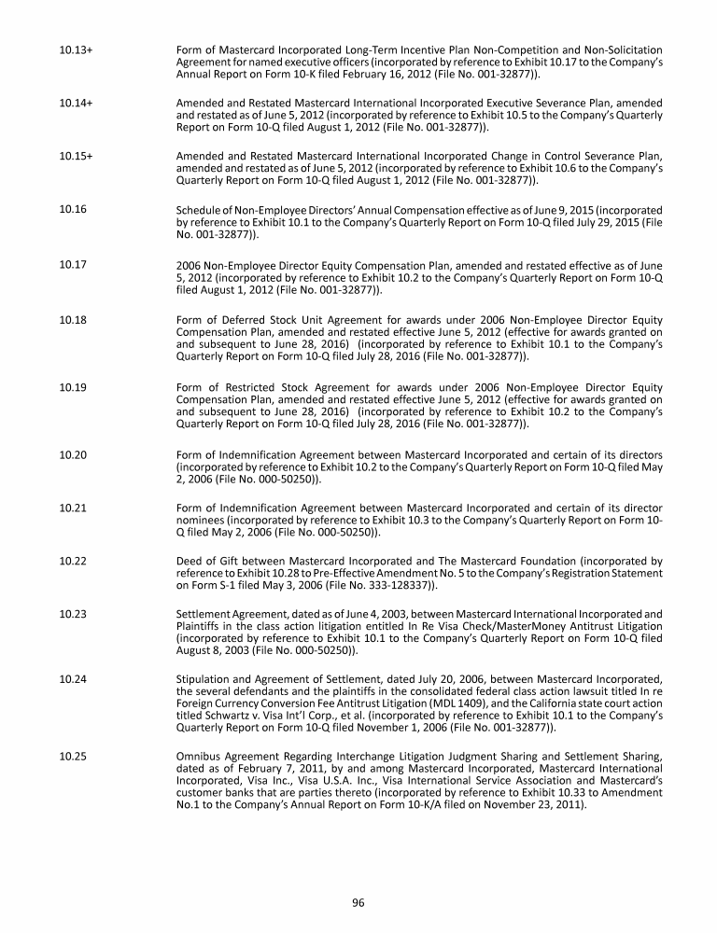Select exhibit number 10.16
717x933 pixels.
73,210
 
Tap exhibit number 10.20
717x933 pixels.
73,454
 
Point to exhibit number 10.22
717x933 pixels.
73,561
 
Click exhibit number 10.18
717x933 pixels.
73,319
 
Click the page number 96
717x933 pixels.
358,902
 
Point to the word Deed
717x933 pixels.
190,562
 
